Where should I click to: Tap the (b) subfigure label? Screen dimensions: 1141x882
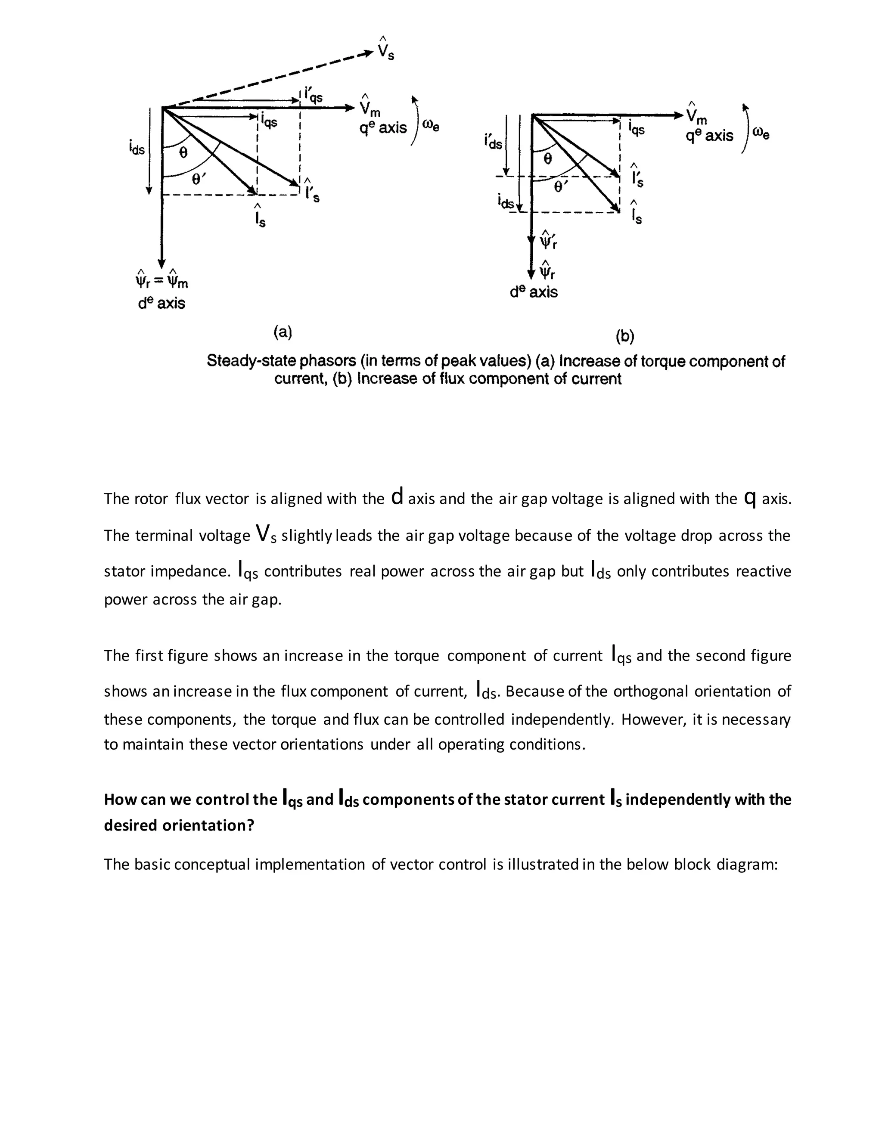[625, 336]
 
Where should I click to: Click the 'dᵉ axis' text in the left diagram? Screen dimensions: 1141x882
[161, 303]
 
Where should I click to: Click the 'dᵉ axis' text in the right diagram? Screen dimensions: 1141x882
[534, 291]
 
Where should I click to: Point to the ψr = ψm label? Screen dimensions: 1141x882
[161, 279]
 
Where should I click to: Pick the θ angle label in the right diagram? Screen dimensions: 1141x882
[547, 159]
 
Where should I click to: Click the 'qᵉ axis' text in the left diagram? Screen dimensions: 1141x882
[383, 128]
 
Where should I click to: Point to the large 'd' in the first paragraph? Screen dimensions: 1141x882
[397, 496]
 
